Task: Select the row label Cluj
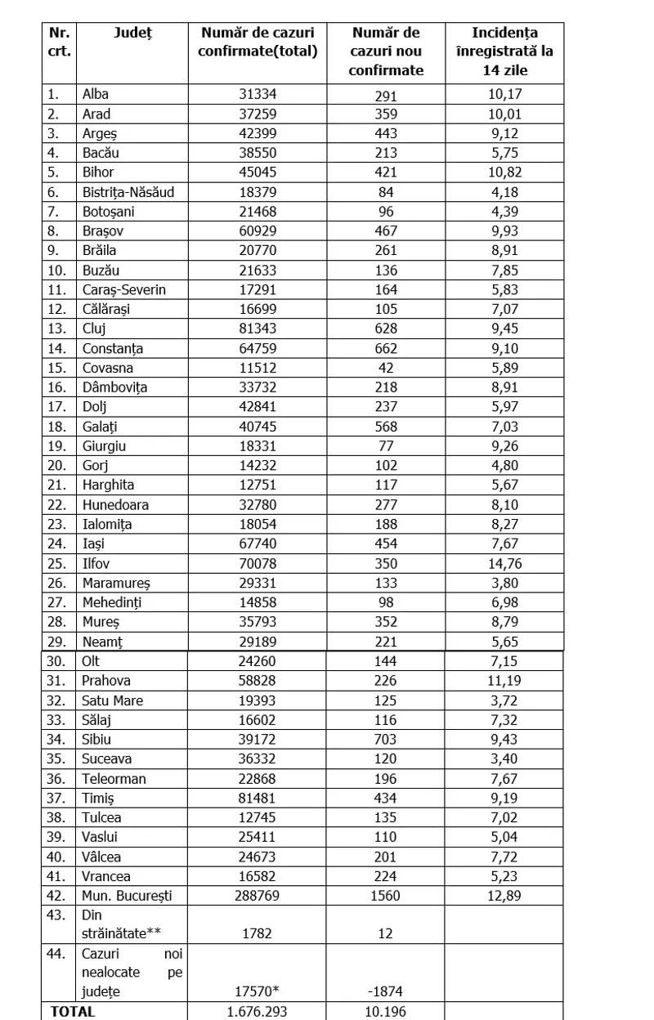[x=96, y=329]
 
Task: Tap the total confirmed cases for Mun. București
[x=258, y=896]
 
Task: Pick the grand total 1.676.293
[x=258, y=1012]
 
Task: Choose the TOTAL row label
[x=74, y=1011]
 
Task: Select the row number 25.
[x=56, y=563]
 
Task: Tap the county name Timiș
[x=98, y=798]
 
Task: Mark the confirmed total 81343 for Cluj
[x=258, y=329]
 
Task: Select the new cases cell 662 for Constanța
[x=386, y=348]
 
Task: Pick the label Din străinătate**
[x=114, y=925]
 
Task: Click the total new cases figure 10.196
[x=386, y=1012]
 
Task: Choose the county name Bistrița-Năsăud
[x=128, y=192]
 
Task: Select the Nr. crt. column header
[x=60, y=42]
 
